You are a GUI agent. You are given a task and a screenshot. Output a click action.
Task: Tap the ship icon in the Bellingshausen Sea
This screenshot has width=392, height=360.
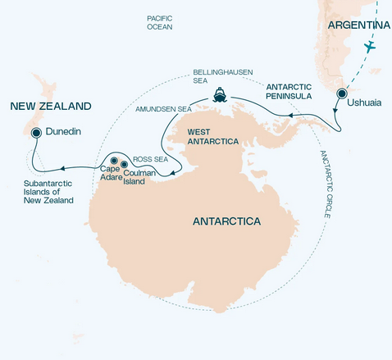pyautogui.click(x=221, y=94)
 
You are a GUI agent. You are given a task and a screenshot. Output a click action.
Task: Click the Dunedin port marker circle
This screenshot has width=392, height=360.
pyautogui.click(x=36, y=132)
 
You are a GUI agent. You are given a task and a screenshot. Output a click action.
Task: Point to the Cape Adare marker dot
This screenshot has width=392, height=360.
pyautogui.click(x=114, y=160)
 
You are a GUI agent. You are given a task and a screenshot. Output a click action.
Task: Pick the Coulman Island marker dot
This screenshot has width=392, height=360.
pyautogui.click(x=125, y=165)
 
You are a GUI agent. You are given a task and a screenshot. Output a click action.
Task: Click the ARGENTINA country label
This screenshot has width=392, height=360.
pyautogui.click(x=358, y=26)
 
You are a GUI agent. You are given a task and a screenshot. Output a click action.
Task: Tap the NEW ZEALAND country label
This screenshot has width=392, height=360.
pyautogui.click(x=50, y=106)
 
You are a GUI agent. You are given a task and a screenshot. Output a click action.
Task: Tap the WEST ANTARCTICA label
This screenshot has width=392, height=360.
pyautogui.click(x=212, y=136)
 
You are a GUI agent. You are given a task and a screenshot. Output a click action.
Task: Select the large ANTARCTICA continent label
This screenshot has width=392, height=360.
pyautogui.click(x=226, y=221)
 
